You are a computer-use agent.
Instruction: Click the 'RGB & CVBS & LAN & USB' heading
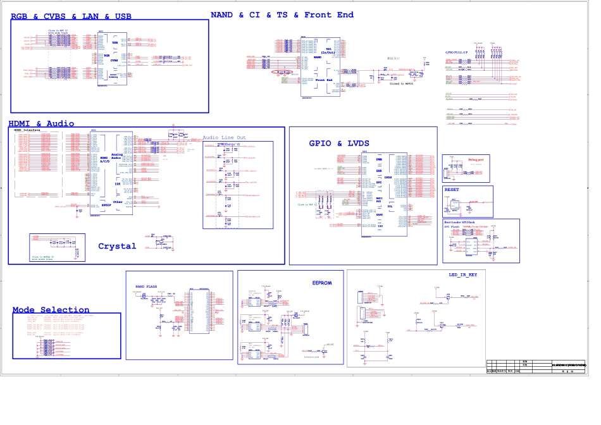[71, 16]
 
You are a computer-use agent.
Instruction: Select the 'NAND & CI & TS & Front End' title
[282, 15]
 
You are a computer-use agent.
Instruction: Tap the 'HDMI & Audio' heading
[41, 123]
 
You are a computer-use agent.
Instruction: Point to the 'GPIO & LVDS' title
[339, 144]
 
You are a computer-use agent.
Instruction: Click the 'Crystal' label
[117, 246]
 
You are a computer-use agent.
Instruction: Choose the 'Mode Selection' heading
[51, 310]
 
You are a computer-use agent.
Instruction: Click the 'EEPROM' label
[322, 283]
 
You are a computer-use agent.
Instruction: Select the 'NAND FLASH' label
[147, 286]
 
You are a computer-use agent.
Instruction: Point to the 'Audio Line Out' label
[224, 137]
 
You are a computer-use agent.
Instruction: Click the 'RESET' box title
[452, 189]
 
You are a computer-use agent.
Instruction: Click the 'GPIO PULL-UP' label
[456, 52]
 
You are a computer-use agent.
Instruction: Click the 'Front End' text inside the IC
[324, 80]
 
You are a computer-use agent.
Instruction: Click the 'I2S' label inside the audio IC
[117, 183]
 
